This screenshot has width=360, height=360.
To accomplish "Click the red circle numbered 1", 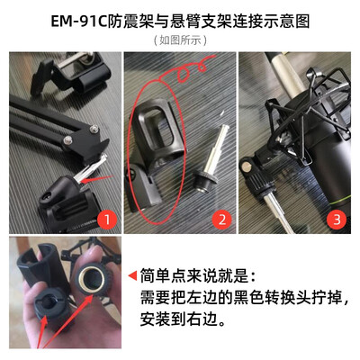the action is (107, 220).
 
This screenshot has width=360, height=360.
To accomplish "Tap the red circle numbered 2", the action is (222, 220).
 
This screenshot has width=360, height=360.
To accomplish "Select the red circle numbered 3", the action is (337, 220).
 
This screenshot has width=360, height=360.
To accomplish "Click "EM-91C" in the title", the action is (78, 22).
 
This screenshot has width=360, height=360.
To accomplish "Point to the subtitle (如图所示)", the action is (180, 40).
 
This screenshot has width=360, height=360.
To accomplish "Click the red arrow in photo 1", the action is (97, 179).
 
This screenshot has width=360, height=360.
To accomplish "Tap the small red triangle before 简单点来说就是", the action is (132, 275).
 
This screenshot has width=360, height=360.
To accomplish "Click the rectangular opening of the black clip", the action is (160, 125).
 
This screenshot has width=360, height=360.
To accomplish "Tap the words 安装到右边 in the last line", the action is (178, 319).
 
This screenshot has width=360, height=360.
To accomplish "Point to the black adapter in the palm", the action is (48, 305).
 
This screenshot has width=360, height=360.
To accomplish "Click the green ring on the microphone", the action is (340, 203).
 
